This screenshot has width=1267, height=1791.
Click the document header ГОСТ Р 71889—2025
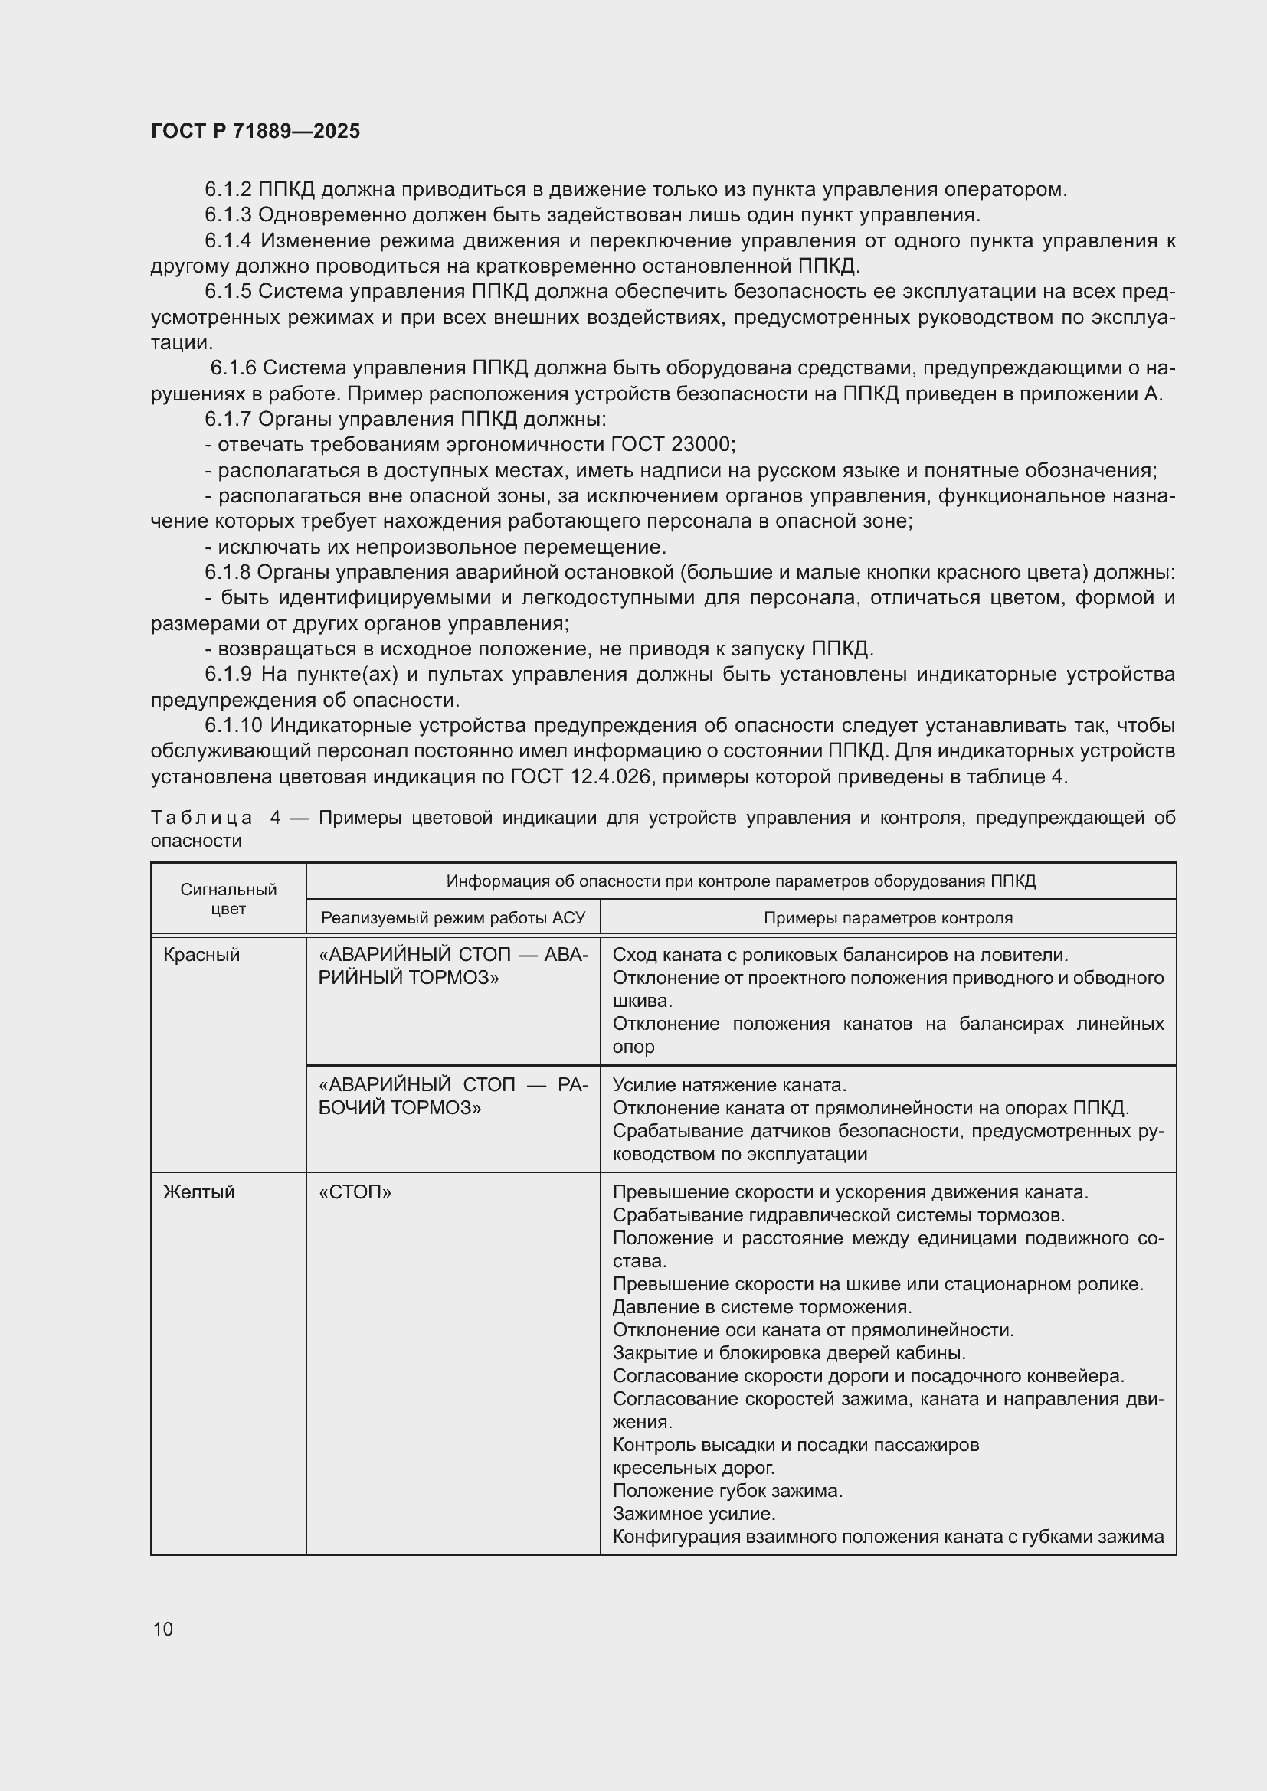(x=255, y=131)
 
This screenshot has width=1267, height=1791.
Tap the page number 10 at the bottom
(x=163, y=1629)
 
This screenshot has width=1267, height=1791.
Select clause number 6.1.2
(x=228, y=190)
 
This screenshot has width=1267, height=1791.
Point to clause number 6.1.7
(x=228, y=420)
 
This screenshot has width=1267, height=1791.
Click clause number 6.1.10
(x=234, y=725)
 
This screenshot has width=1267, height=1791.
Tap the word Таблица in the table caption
(x=201, y=818)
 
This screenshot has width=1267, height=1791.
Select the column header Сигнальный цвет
(x=228, y=899)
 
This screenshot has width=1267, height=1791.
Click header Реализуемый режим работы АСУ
(x=453, y=918)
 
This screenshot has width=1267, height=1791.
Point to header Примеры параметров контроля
(x=887, y=918)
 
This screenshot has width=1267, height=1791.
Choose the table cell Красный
(x=201, y=955)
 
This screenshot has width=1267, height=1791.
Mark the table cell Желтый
(x=198, y=1192)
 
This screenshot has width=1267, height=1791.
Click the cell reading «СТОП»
(x=355, y=1192)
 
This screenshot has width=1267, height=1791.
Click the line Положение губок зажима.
(x=727, y=1491)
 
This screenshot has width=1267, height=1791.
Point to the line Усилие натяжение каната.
(x=729, y=1085)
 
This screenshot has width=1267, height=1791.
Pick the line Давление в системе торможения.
(x=761, y=1306)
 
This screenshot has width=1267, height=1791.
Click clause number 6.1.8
(x=228, y=573)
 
